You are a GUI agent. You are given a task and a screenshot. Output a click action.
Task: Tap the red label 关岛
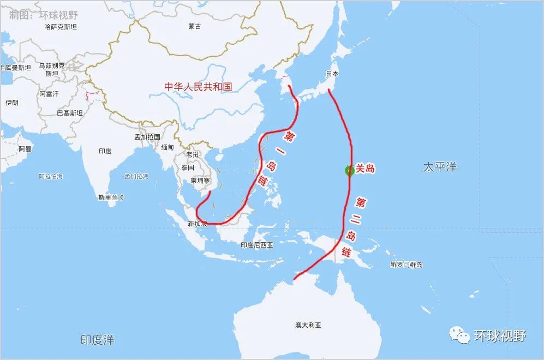[365, 169]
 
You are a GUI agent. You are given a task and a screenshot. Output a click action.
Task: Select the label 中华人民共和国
[199, 86]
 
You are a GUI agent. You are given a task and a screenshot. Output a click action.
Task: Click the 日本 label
[332, 74]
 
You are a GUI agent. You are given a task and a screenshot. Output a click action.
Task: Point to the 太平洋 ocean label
[440, 167]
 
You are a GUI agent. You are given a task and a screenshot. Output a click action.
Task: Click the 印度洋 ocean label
[98, 340]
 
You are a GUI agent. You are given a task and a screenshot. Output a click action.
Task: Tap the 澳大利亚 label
[308, 325]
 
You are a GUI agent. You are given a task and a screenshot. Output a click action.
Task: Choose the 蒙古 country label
[195, 26]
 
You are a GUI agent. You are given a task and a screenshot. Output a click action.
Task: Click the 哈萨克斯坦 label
[61, 26]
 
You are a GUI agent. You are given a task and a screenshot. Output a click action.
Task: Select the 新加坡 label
[197, 224]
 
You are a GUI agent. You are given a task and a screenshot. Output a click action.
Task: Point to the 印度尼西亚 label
[256, 245]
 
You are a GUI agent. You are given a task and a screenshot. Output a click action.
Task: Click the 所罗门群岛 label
[406, 265]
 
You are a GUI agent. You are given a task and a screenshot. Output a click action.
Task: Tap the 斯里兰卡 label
[111, 197]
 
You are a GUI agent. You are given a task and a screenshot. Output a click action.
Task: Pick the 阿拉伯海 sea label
[51, 176]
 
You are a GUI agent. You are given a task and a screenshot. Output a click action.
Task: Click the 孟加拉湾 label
[136, 176]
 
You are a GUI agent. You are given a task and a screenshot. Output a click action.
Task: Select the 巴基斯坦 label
[70, 113]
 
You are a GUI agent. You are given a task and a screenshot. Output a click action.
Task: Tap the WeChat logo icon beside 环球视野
[459, 335]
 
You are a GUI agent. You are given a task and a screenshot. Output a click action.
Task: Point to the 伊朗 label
[12, 102]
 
